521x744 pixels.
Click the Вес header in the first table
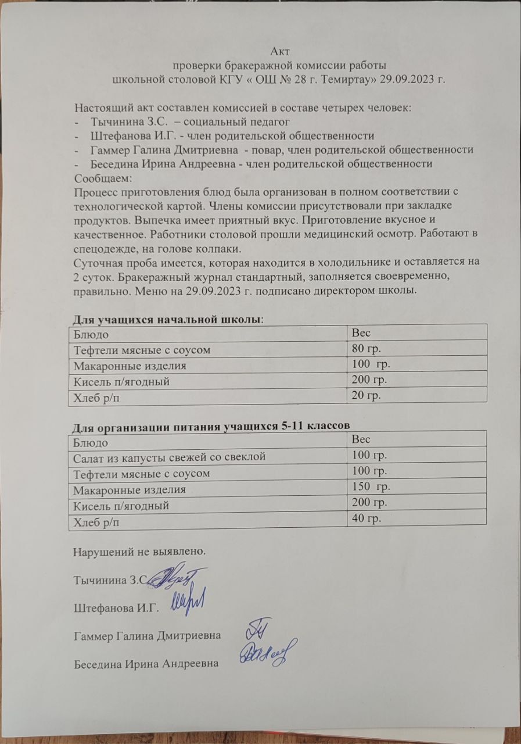point(361,334)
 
